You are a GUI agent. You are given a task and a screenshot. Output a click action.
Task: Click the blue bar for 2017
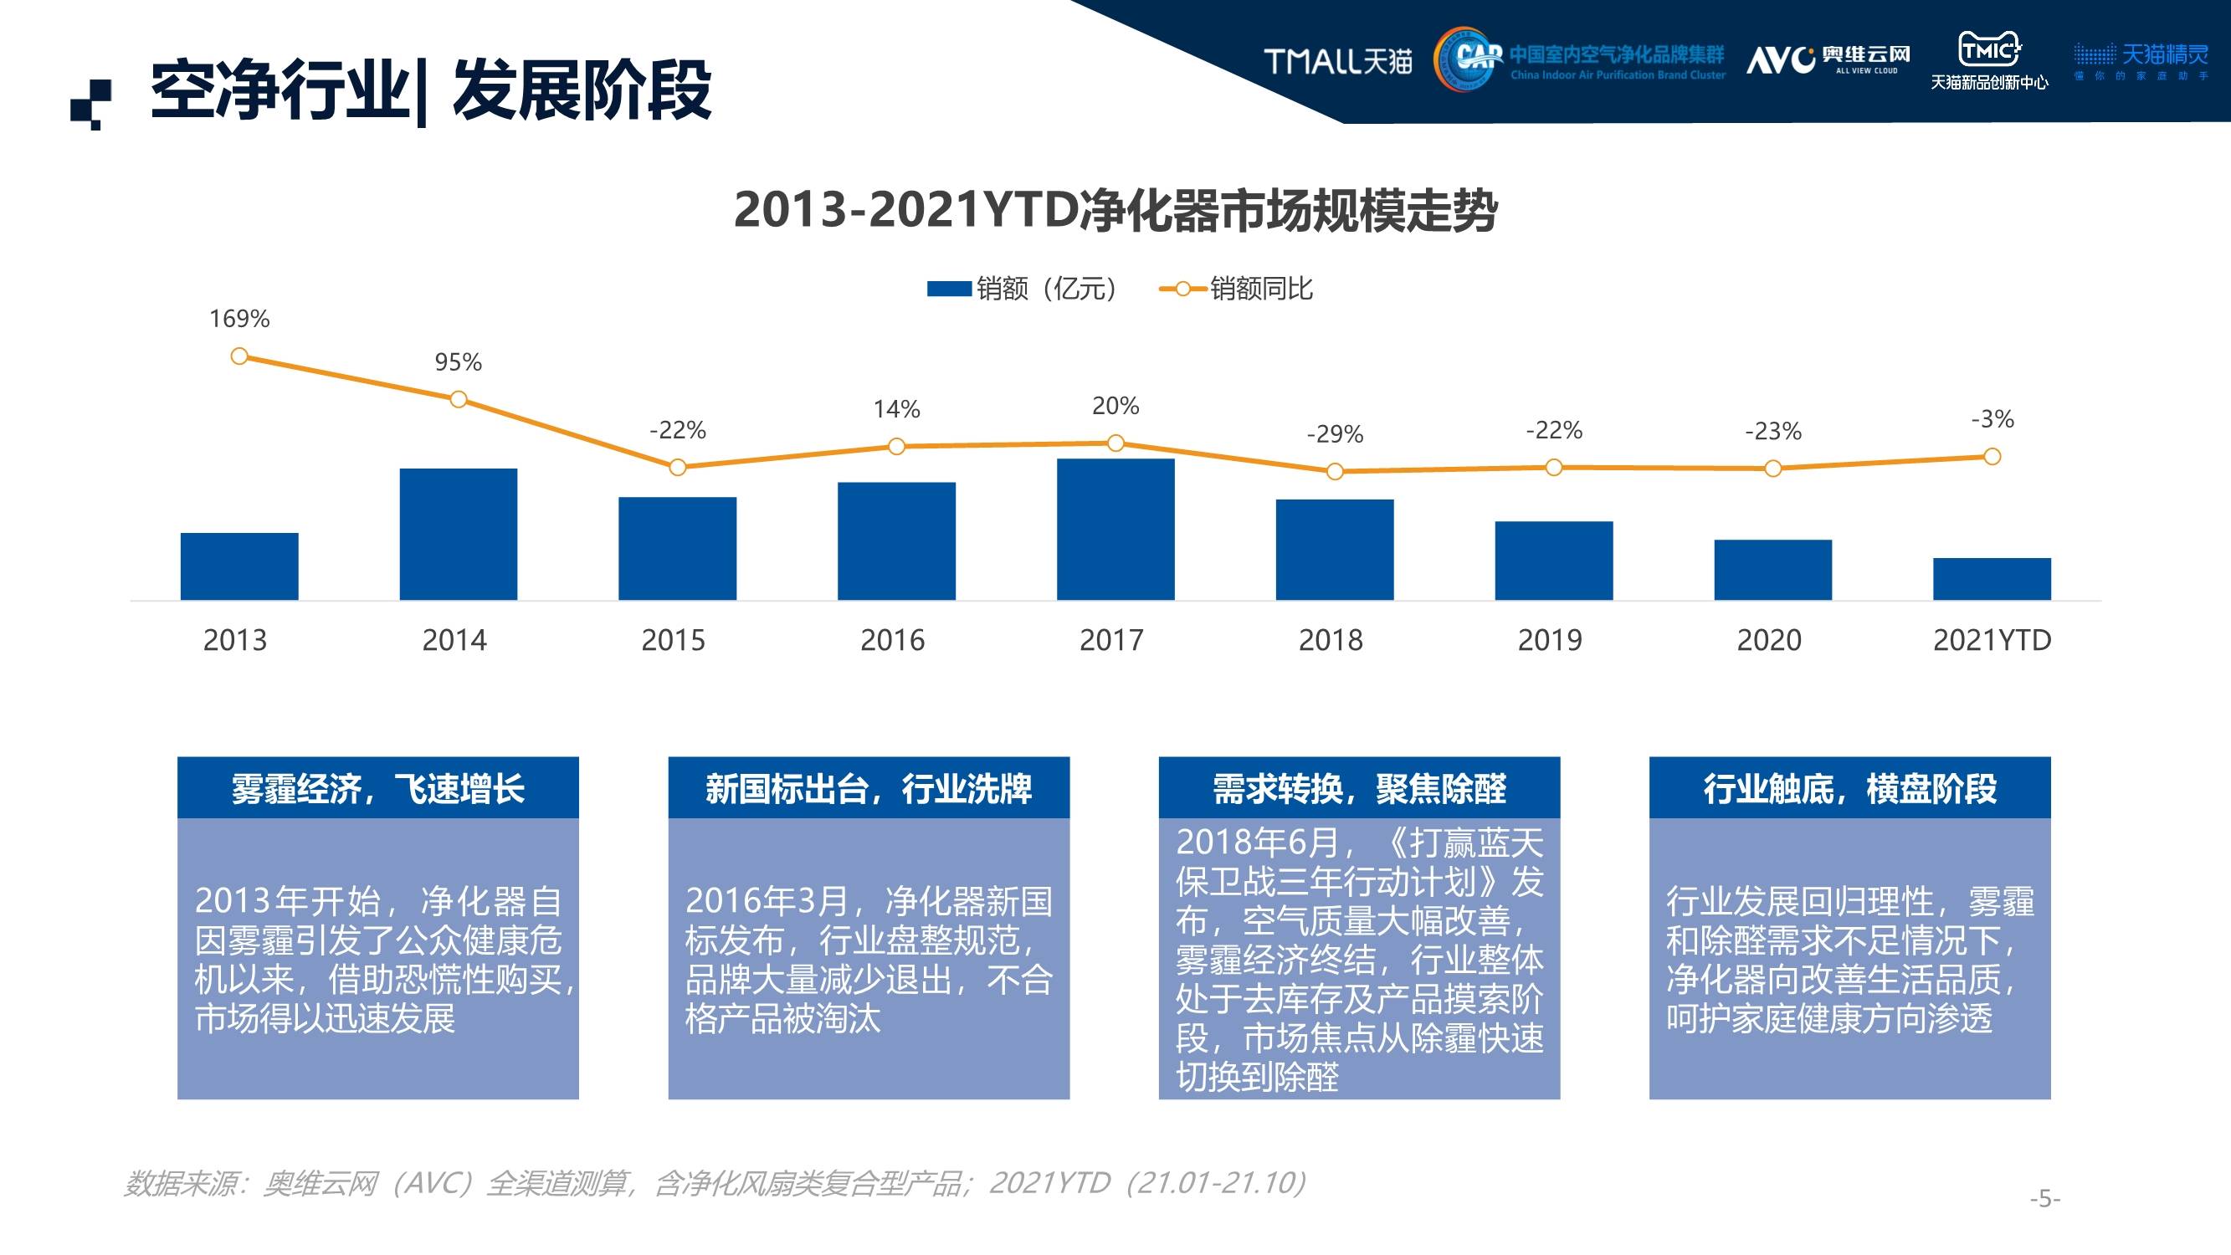click(1115, 530)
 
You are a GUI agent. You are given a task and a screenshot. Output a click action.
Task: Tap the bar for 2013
click(239, 566)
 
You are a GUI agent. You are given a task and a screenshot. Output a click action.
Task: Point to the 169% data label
click(239, 319)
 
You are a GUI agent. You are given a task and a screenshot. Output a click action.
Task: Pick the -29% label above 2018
click(1335, 434)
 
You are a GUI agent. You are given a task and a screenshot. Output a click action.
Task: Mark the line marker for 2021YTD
click(1992, 457)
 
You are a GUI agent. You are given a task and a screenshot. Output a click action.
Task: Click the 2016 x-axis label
click(892, 640)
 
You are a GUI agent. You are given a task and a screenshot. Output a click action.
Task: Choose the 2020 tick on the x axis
click(1768, 640)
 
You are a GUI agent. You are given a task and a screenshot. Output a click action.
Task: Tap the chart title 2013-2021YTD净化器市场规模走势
click(1115, 211)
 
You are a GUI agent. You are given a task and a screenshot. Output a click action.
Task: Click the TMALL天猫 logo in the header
click(1337, 60)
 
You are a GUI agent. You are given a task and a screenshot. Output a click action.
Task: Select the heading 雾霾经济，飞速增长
click(377, 788)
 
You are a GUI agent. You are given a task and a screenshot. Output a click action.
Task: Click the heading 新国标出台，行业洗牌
click(869, 788)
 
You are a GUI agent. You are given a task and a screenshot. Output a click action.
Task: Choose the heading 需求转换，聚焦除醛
click(1359, 788)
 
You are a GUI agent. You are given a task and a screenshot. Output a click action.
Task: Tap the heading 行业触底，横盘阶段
click(1850, 788)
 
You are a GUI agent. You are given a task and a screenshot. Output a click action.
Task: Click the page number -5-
click(2044, 1199)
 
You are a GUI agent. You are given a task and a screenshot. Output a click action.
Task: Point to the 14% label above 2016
click(896, 409)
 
